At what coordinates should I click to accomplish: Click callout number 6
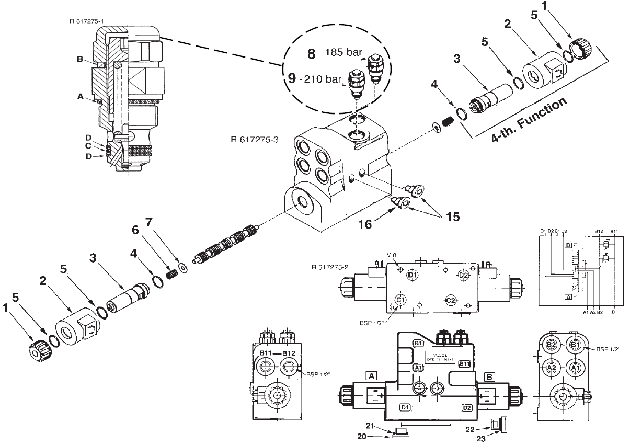tap(136, 231)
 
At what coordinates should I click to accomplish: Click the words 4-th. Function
tap(530, 120)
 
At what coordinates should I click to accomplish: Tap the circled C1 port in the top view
tap(400, 300)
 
